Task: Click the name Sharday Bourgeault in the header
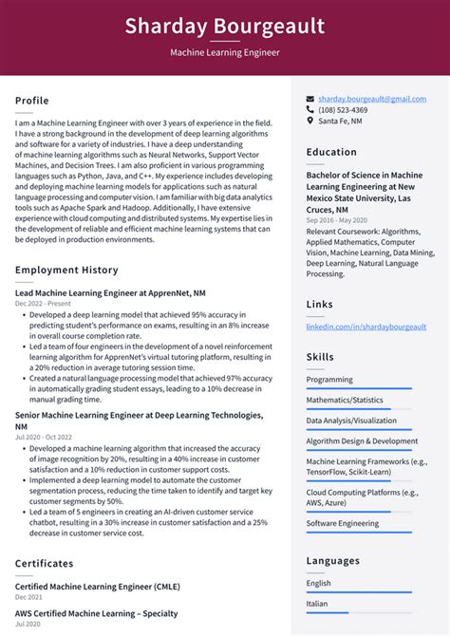[224, 26]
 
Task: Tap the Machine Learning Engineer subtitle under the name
[224, 53]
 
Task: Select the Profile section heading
[32, 101]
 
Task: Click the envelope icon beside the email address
[310, 99]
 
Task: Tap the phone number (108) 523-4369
[344, 109]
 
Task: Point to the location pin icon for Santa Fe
[310, 121]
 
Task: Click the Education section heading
[331, 152]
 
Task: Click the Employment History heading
[66, 271]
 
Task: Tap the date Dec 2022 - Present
[41, 303]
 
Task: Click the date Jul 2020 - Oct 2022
[43, 437]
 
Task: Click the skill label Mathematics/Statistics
[345, 400]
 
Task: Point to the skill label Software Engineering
[343, 523]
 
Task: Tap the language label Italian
[318, 603]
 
